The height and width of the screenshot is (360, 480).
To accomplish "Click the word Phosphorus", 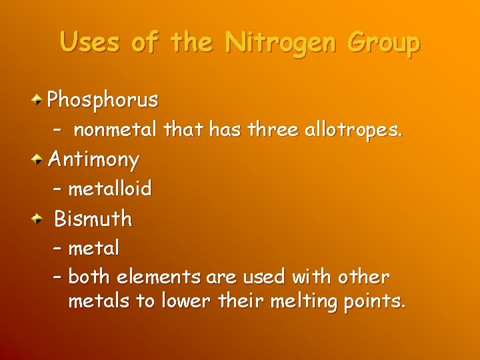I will [x=103, y=101].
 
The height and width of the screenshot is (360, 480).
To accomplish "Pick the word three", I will [x=271, y=131].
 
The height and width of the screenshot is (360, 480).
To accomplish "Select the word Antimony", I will [x=94, y=160].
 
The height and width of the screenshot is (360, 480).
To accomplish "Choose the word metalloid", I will [x=110, y=189].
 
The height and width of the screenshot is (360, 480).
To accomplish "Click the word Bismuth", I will [x=93, y=218].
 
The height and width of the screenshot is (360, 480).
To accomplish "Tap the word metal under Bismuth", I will [x=94, y=248].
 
